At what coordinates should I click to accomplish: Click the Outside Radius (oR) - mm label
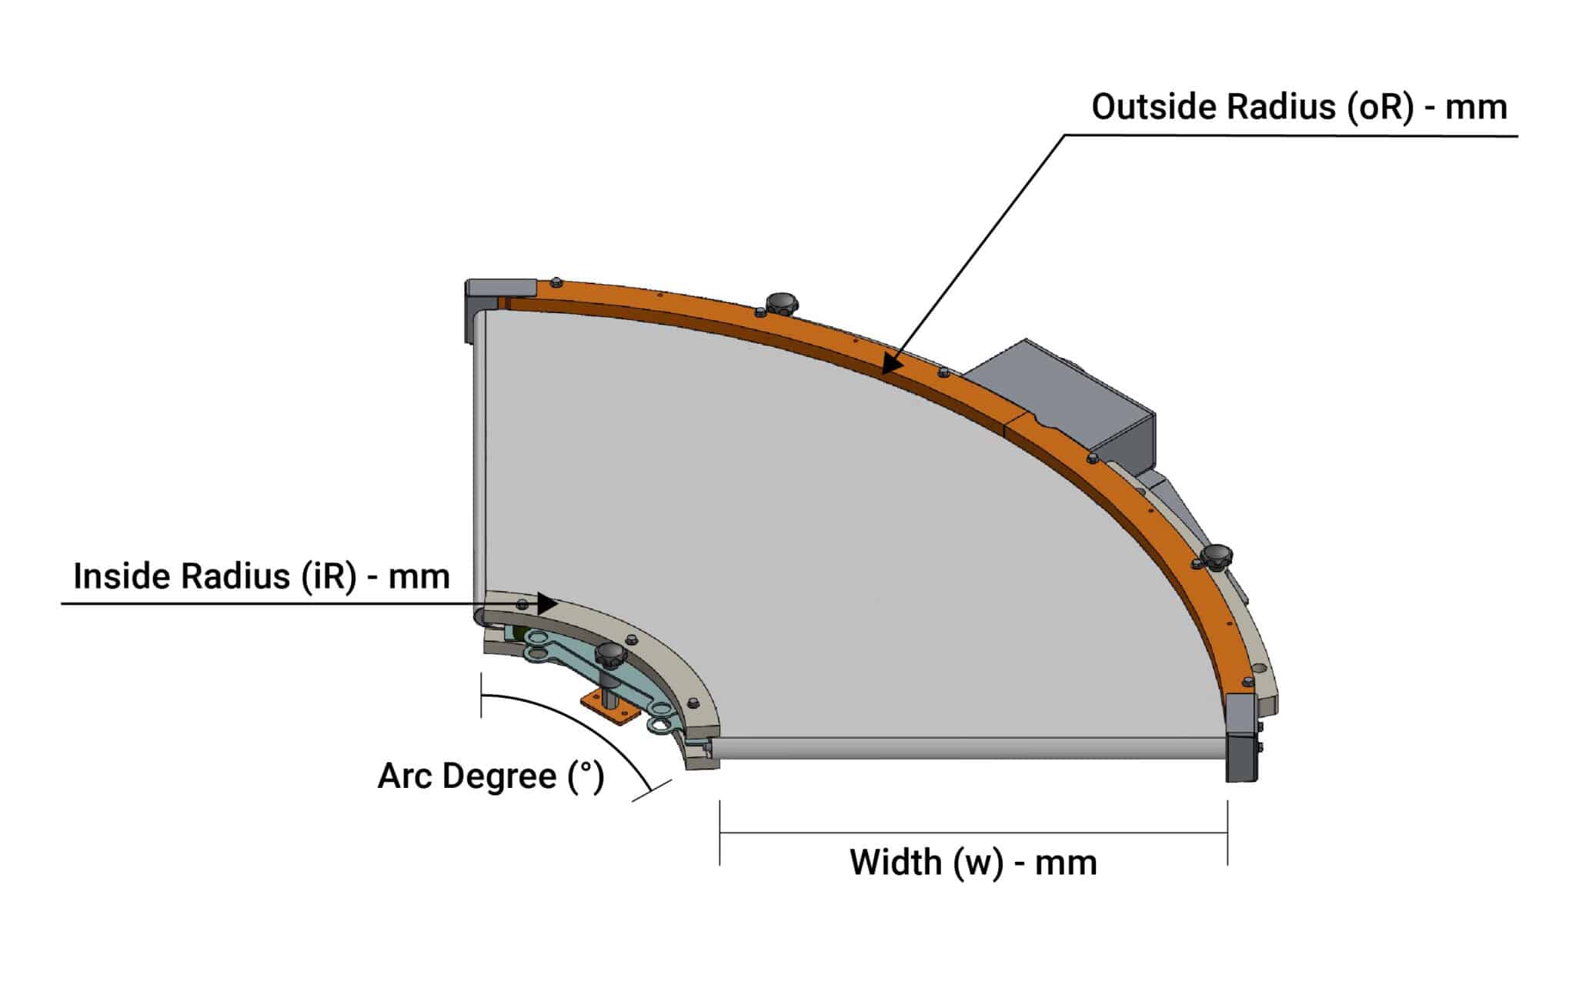pyautogui.click(x=1299, y=107)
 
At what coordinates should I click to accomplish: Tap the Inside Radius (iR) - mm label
pyautogui.click(x=261, y=576)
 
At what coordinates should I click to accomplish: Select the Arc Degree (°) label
pyautogui.click(x=490, y=776)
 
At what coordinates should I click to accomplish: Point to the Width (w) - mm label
pyautogui.click(x=973, y=863)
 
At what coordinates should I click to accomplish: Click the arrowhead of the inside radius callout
pyautogui.click(x=546, y=604)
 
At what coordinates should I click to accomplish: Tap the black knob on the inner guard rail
pyautogui.click(x=611, y=656)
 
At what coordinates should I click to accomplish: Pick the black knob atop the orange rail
pyautogui.click(x=780, y=302)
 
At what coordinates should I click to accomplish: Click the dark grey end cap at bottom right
pyautogui.click(x=1241, y=739)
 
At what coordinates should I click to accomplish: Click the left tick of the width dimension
pyautogui.click(x=720, y=833)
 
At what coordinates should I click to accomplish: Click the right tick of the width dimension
pyautogui.click(x=1227, y=833)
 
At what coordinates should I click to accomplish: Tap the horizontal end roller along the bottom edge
pyautogui.click(x=970, y=748)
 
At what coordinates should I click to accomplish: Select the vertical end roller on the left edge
pyautogui.click(x=479, y=462)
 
